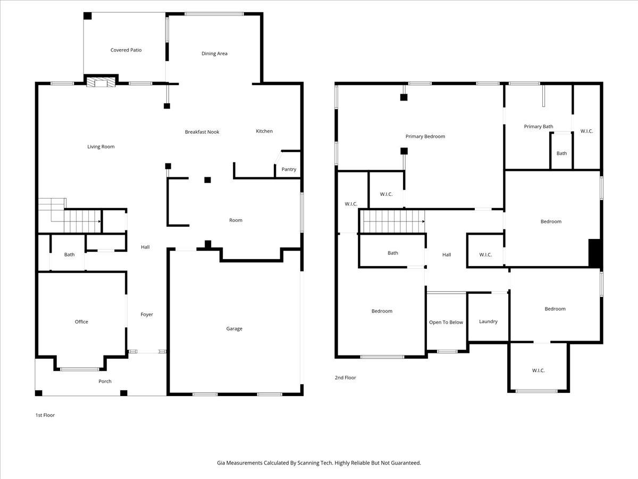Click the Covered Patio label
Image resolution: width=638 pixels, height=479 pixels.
point(126,50)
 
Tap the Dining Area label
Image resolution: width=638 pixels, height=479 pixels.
point(214,53)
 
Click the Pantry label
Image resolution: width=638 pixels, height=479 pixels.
point(289,169)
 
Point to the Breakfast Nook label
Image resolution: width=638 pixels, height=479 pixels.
point(202,132)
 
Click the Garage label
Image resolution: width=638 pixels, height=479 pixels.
point(234,329)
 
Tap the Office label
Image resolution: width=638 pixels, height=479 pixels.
point(81,321)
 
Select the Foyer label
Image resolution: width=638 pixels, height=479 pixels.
point(147,315)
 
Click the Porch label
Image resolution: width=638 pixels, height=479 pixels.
point(105,381)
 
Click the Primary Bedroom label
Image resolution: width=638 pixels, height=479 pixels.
point(425,137)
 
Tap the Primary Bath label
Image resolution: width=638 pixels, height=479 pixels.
point(538,127)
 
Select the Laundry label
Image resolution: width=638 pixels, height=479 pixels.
point(488,321)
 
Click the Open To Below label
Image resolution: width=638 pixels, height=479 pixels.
point(446,323)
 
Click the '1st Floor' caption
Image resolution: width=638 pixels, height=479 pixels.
point(45,415)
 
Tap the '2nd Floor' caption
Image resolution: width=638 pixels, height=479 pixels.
point(345,378)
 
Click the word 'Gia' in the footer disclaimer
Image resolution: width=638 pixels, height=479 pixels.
point(221,463)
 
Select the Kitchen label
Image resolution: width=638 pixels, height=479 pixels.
point(264,131)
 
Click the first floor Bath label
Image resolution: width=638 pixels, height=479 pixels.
point(70,254)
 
